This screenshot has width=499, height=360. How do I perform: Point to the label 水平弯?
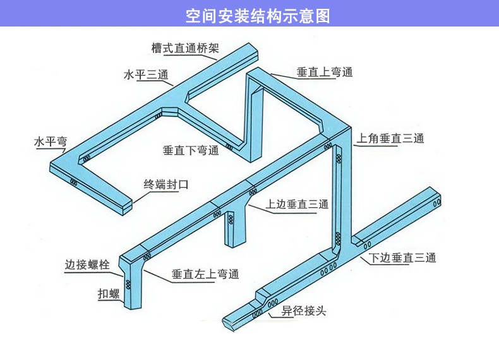click(x=51, y=141)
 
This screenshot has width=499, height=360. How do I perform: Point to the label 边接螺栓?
click(x=87, y=265)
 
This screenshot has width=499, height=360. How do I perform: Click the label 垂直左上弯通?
click(x=205, y=275)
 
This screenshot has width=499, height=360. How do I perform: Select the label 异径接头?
click(x=304, y=311)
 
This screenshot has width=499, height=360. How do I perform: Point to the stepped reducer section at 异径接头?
click(x=262, y=296)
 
